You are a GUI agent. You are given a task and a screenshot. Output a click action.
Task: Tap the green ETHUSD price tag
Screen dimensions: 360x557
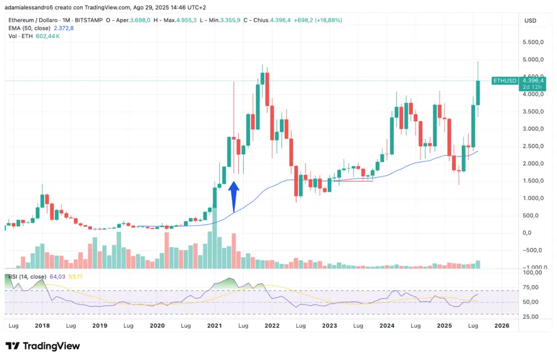(x=504, y=80)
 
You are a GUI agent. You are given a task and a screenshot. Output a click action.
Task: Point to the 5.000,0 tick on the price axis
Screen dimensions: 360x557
(x=534, y=60)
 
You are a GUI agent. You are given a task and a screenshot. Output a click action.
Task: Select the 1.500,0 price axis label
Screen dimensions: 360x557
(x=534, y=181)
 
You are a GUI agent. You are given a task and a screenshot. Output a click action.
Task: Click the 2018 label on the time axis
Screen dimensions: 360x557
(x=42, y=325)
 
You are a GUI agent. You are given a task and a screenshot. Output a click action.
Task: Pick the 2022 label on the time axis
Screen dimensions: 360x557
(x=272, y=325)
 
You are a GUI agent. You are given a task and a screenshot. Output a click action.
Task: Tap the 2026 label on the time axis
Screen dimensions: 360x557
(x=502, y=325)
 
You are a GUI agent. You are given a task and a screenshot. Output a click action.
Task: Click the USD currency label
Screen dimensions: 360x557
(x=530, y=20)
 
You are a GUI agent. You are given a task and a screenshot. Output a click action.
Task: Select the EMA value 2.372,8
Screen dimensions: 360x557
(x=64, y=28)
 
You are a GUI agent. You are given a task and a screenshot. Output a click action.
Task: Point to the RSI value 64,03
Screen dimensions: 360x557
(x=57, y=276)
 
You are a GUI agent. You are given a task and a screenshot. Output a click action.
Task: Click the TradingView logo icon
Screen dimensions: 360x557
(x=13, y=346)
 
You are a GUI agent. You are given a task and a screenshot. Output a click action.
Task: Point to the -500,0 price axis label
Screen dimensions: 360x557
(x=534, y=250)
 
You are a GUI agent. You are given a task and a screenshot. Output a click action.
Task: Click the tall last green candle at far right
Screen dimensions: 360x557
(x=478, y=92)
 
